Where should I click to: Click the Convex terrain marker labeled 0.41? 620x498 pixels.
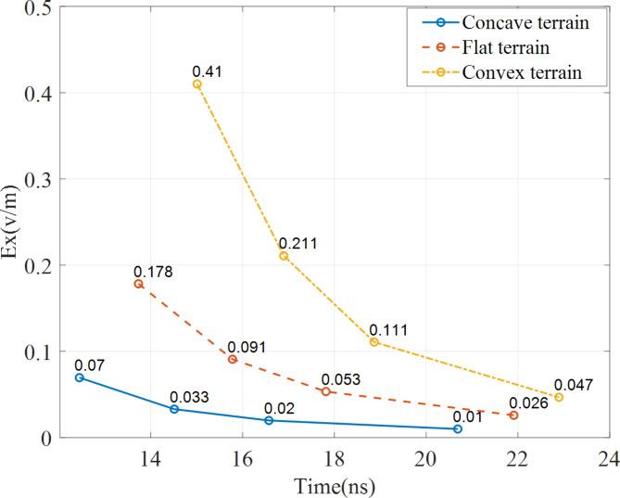pyautogui.click(x=196, y=84)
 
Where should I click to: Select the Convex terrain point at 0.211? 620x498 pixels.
pyautogui.click(x=284, y=256)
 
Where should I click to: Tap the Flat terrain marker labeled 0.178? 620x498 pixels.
pyautogui.click(x=139, y=284)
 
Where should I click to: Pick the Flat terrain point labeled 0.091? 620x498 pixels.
pyautogui.click(x=233, y=359)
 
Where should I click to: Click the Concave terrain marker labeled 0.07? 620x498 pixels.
pyautogui.click(x=80, y=377)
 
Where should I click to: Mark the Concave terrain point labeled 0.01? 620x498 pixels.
pyautogui.click(x=458, y=428)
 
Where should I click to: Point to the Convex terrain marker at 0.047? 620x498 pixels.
pyautogui.click(x=559, y=397)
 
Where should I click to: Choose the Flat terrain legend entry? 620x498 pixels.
pyautogui.click(x=508, y=49)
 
